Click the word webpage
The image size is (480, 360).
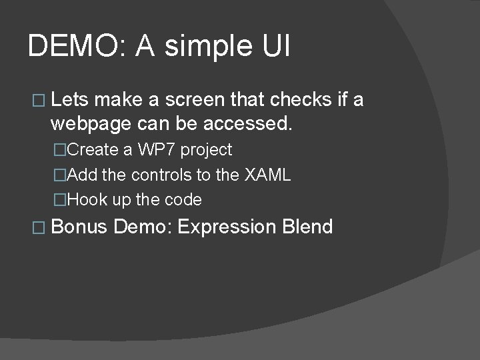coord(92,124)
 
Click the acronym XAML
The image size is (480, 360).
coord(267,175)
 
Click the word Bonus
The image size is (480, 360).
coord(79,227)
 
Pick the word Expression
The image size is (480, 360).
coord(227,227)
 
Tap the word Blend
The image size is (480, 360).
coord(307,227)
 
